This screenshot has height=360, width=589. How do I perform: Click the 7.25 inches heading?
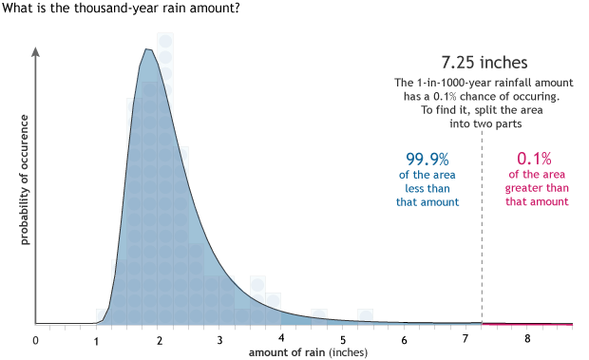pyautogui.click(x=484, y=63)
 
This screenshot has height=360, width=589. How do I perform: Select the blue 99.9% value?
pyautogui.click(x=427, y=158)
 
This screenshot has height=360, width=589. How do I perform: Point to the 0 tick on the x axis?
pyautogui.click(x=35, y=339)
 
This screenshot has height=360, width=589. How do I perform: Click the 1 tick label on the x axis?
pyautogui.click(x=97, y=339)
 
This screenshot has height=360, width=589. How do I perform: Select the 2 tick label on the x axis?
pyautogui.click(x=159, y=339)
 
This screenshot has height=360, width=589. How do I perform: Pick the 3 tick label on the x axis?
pyautogui.click(x=219, y=339)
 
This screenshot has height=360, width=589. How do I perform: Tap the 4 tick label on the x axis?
pyautogui.click(x=281, y=339)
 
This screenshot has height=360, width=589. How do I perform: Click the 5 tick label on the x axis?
pyautogui.click(x=343, y=339)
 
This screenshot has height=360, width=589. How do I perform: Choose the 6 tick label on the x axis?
pyautogui.click(x=405, y=339)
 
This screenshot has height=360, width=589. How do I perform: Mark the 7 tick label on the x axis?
pyautogui.click(x=466, y=339)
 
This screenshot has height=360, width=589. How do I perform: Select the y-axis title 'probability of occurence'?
pyautogui.click(x=25, y=180)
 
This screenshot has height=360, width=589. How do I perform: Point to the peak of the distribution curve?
pyautogui.click(x=147, y=49)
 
